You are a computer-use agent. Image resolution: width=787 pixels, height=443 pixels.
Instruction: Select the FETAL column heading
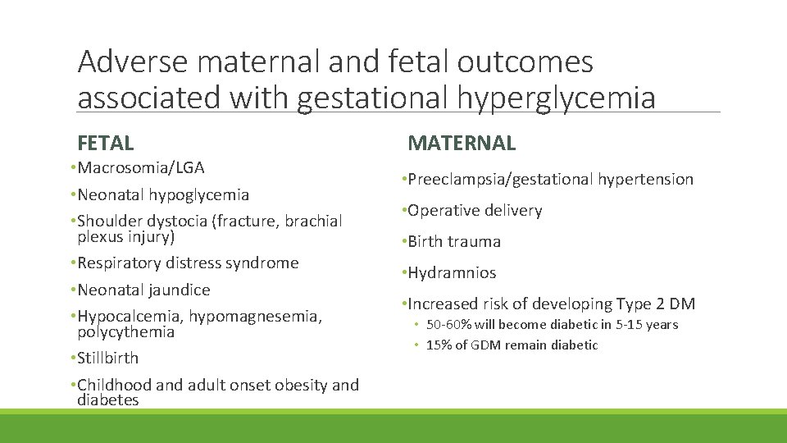click(x=105, y=144)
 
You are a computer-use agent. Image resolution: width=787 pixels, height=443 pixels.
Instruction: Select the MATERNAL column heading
click(x=462, y=144)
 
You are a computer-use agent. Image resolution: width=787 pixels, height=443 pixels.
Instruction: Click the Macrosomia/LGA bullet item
click(x=140, y=168)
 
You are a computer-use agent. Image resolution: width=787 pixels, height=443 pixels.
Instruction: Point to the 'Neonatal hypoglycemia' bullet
click(x=162, y=195)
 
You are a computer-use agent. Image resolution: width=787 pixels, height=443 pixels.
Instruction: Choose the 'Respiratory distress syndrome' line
click(x=188, y=263)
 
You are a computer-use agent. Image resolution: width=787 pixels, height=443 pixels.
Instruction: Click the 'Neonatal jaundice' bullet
click(x=143, y=290)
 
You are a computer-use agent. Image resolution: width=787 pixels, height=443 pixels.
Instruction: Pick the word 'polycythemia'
click(x=125, y=332)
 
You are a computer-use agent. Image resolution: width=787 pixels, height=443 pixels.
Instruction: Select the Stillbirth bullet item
click(x=107, y=359)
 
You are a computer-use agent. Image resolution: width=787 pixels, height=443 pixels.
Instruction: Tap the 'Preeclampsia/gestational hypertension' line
click(x=549, y=179)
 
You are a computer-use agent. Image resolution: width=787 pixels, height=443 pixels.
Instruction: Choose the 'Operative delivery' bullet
click(x=475, y=211)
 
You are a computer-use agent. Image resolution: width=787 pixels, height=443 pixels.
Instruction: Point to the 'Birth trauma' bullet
click(x=453, y=242)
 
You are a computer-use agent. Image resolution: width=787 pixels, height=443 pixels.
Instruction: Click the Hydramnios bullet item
click(x=452, y=273)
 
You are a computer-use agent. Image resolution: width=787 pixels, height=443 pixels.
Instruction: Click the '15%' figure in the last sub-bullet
click(x=438, y=345)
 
